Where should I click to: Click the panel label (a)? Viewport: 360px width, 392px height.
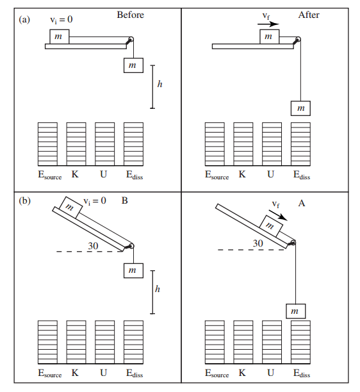click(25, 19)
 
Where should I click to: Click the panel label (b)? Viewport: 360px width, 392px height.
click(25, 200)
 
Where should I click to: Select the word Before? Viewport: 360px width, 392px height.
click(130, 15)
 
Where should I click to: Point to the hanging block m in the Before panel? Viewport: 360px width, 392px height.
click(133, 65)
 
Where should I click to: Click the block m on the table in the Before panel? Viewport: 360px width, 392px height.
click(59, 37)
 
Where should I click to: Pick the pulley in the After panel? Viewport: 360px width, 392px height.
click(296, 40)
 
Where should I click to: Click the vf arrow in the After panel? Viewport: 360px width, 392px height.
click(268, 24)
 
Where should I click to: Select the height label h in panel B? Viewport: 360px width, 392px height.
click(158, 290)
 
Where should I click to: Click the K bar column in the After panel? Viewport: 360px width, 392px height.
click(243, 143)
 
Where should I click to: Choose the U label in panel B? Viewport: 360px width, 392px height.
click(104, 373)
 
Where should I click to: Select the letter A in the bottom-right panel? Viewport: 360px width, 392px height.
click(301, 203)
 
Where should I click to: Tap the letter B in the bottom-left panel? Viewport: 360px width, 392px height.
click(124, 201)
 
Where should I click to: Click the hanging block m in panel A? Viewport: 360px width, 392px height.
click(295, 311)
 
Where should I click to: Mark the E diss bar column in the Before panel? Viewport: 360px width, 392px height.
click(133, 143)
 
